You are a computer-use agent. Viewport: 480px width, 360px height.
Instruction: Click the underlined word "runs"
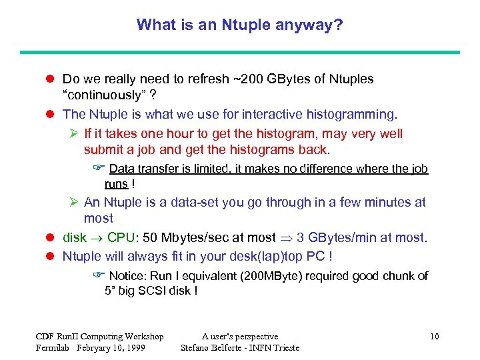(116, 183)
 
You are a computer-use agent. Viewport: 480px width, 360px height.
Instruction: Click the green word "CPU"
(121, 237)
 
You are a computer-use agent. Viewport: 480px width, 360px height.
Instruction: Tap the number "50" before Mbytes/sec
(151, 237)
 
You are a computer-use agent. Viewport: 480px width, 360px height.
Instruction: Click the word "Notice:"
(125, 276)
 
